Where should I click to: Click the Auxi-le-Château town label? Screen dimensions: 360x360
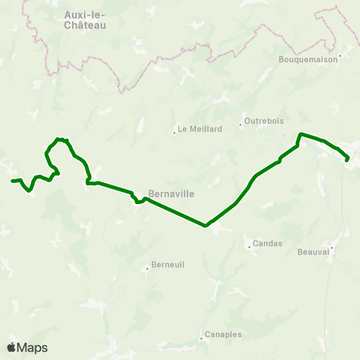[85, 19]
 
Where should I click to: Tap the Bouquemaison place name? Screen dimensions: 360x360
[310, 59]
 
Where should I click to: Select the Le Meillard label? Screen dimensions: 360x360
[200, 128]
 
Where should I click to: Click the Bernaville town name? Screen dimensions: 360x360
[172, 193]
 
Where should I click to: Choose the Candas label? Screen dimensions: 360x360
[268, 244]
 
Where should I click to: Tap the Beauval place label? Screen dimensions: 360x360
[313, 252]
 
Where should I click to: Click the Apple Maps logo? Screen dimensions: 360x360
[27, 347]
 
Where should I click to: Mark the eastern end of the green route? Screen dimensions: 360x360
[346, 159]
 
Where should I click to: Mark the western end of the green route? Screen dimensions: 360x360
[13, 181]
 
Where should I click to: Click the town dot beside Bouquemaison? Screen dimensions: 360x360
[340, 55]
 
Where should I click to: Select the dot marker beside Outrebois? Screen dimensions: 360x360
[241, 124]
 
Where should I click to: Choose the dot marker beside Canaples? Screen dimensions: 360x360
[202, 338]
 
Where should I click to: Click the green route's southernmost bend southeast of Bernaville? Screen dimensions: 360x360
[205, 224]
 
